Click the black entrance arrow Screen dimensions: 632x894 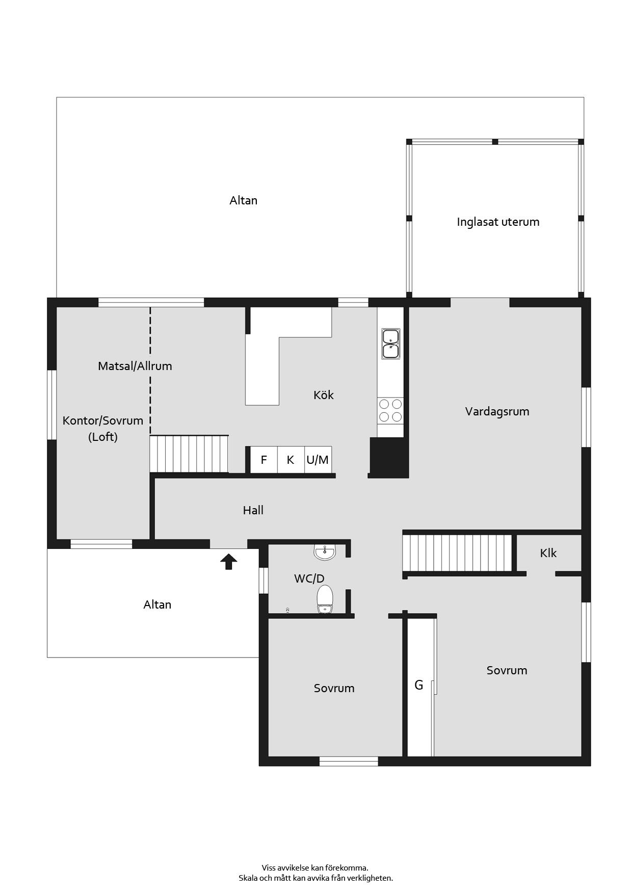[229, 561]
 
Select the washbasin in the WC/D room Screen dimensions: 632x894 [325, 552]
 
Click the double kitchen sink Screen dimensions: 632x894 [390, 344]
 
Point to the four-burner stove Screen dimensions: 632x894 [390, 410]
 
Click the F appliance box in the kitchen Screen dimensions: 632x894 [264, 460]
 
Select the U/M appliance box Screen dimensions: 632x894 [318, 460]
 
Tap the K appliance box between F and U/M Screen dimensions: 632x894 [291, 460]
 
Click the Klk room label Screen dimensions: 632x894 [548, 553]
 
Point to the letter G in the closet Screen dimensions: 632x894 [418, 685]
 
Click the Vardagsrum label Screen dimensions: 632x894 [497, 411]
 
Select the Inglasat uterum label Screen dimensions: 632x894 [498, 222]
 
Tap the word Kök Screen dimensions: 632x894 [324, 395]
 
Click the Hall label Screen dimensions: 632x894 [253, 510]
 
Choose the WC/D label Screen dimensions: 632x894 [309, 579]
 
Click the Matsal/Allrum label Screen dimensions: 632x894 [135, 366]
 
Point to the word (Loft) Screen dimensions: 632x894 [103, 437]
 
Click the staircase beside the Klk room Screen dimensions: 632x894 [457, 553]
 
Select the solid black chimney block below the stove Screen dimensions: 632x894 [389, 457]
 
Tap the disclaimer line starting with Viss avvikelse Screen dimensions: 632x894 [315, 867]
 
